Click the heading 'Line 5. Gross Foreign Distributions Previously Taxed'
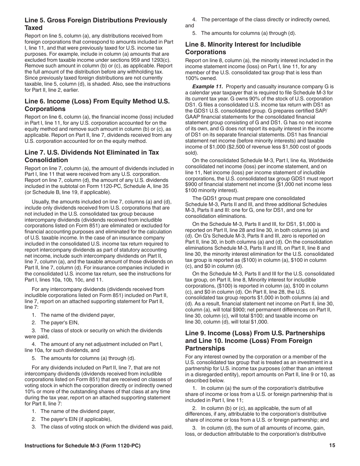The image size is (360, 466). pyautogui.click(x=96, y=24)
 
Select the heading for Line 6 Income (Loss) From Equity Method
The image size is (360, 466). pyautogui.click(x=97, y=105)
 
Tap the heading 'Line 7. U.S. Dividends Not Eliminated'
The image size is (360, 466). pyautogui.click(x=92, y=156)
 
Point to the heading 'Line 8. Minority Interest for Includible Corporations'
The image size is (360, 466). pyautogui.click(x=243, y=48)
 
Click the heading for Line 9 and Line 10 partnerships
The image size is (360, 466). pyautogui.click(x=255, y=341)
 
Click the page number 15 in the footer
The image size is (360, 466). pyautogui.click(x=332, y=446)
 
